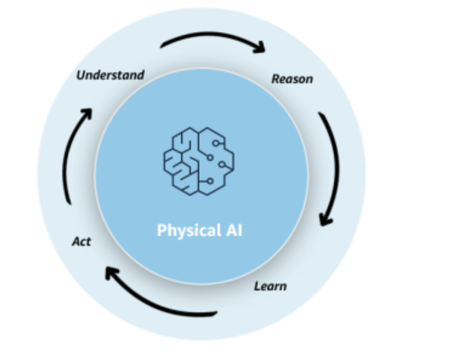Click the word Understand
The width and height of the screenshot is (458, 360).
(110, 75)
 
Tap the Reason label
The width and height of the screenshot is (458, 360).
(292, 79)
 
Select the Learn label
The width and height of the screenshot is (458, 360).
(270, 286)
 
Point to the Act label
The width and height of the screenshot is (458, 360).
(81, 241)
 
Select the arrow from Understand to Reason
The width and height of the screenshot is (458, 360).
(212, 36)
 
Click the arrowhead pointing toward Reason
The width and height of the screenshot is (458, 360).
(260, 47)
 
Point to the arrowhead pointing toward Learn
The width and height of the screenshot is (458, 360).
(326, 220)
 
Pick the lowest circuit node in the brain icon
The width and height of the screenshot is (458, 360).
(210, 181)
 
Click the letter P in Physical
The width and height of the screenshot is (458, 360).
(161, 230)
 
